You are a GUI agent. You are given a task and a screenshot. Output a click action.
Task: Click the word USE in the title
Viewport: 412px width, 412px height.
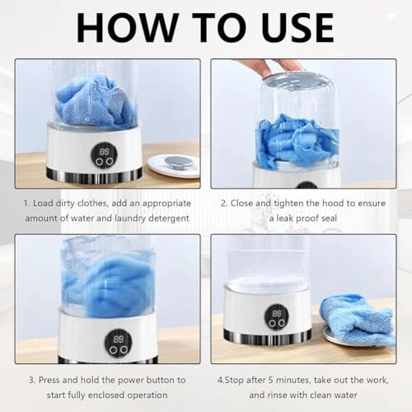point(297,27)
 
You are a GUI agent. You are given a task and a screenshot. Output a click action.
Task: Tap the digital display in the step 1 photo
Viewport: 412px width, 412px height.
point(105,152)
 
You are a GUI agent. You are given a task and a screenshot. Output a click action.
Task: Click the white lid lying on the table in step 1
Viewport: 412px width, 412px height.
point(174,166)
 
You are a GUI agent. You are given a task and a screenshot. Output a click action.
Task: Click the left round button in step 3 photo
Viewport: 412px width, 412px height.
point(113,349)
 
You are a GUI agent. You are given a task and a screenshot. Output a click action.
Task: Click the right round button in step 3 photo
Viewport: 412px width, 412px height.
point(124,349)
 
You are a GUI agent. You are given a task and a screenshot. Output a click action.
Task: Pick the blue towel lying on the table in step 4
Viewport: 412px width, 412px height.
point(357,319)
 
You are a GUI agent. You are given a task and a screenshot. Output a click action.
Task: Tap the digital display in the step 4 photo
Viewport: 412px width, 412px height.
point(277,313)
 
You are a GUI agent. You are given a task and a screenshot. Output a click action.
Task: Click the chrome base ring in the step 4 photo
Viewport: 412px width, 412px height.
point(268,336)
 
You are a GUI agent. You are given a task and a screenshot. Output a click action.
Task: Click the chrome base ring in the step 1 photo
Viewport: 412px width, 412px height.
point(94,175)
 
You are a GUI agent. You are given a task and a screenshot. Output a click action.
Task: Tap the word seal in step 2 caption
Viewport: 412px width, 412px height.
point(328,218)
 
